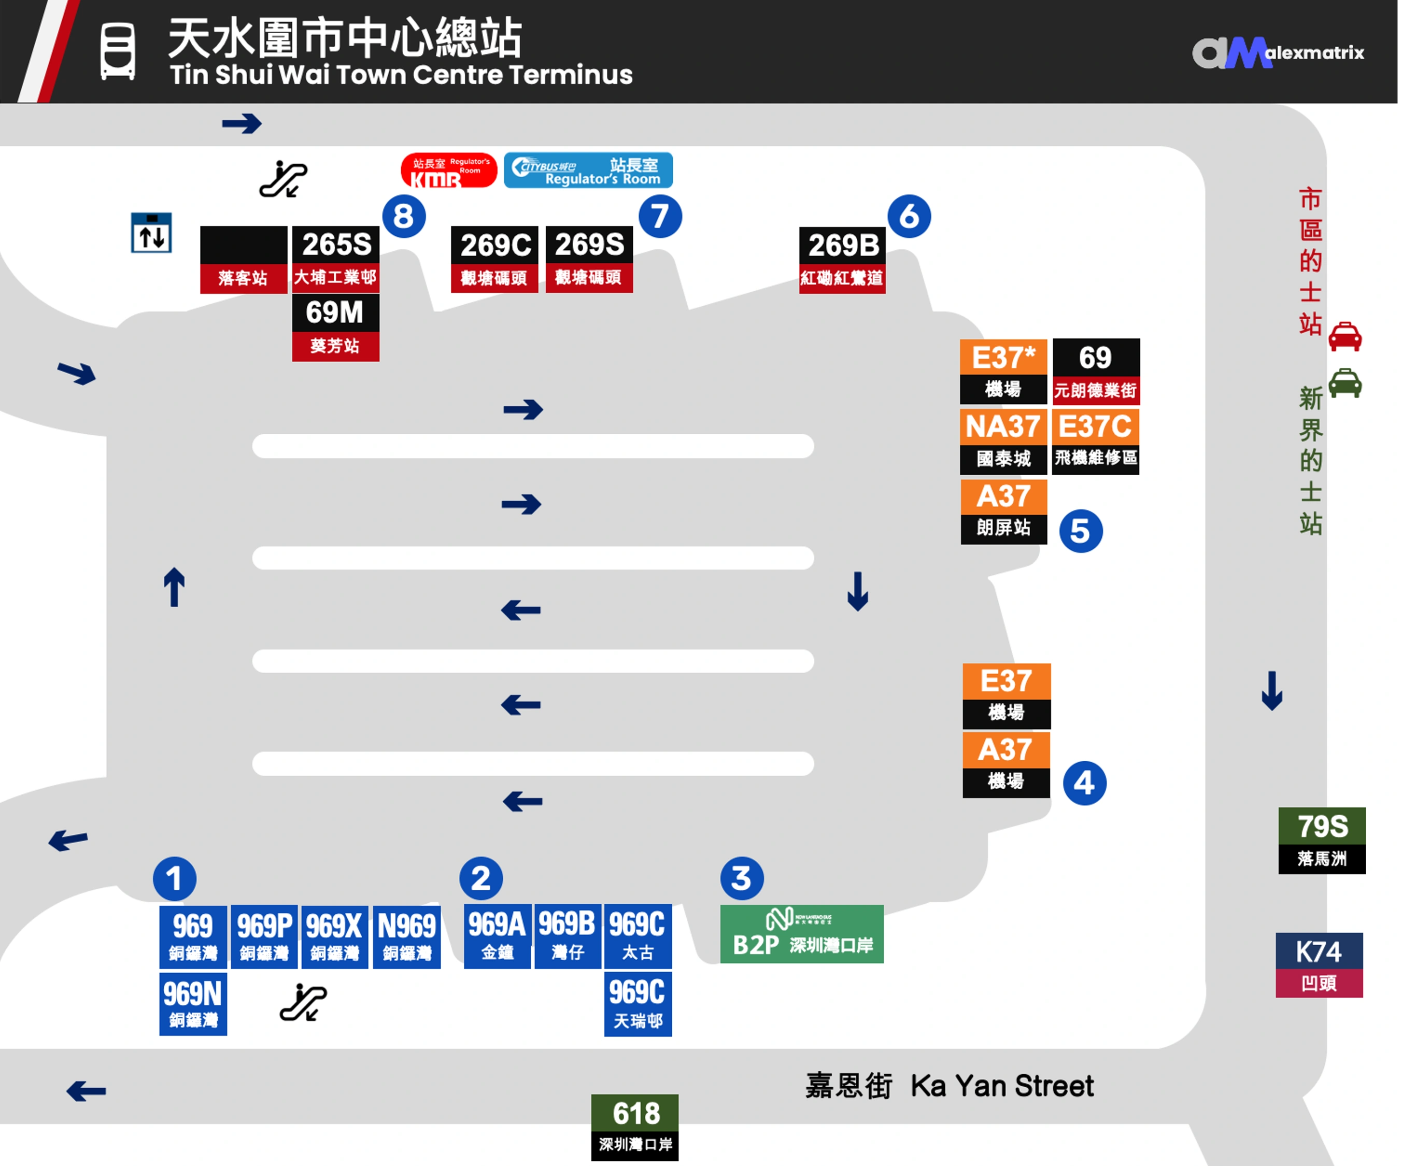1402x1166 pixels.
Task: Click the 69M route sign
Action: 335,328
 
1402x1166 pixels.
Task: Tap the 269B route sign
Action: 843,260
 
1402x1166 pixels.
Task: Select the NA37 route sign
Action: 1003,441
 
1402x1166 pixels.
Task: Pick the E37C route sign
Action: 1096,441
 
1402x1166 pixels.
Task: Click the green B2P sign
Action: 802,934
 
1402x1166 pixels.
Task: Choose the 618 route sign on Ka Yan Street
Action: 635,1127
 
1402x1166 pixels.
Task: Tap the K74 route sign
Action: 1319,965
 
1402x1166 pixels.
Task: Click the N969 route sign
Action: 406,937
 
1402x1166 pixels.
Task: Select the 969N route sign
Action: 193,1004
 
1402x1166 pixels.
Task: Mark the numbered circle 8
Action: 404,216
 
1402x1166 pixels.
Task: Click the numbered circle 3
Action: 742,878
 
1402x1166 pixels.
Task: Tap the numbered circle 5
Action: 1081,531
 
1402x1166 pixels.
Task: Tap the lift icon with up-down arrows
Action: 151,232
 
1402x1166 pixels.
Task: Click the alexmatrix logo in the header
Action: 1279,53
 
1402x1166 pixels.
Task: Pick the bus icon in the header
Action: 118,51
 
